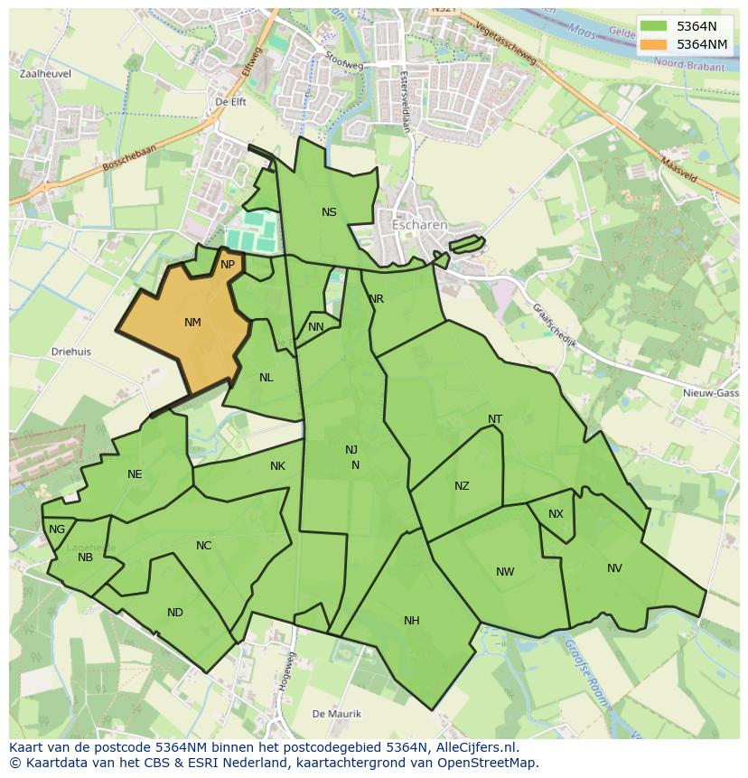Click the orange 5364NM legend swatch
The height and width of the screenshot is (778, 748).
tap(655, 44)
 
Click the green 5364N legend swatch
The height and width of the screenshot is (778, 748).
tap(655, 27)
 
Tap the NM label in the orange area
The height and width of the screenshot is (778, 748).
tap(192, 323)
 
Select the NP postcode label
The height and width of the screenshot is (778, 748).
tap(228, 265)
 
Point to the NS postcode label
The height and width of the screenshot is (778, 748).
tap(329, 212)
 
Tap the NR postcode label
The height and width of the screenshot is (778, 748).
tap(376, 299)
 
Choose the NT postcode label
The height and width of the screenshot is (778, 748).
tap(495, 419)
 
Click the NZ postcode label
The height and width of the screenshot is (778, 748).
tap(462, 486)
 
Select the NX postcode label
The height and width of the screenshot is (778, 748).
tap(556, 514)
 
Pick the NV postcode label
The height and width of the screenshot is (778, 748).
tap(614, 568)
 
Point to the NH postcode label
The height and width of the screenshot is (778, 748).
tap(412, 621)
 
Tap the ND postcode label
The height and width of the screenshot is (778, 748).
tap(175, 613)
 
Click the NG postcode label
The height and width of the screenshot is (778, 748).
tap(57, 530)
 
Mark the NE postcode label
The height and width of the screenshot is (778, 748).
tap(135, 474)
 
